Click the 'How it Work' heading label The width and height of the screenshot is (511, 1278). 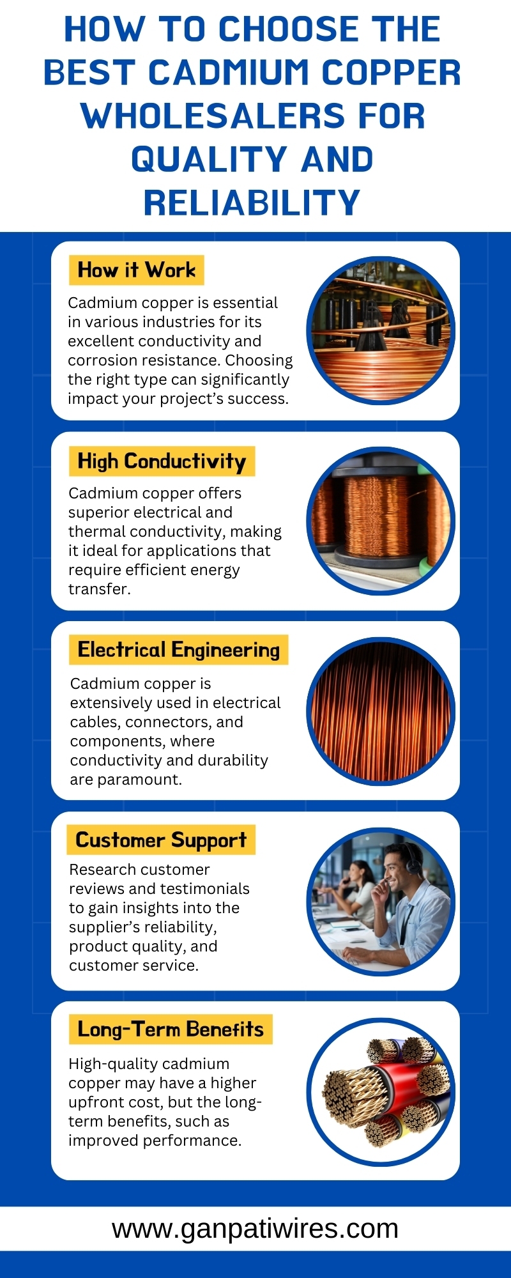(136, 270)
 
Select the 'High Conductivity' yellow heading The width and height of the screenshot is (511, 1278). (162, 461)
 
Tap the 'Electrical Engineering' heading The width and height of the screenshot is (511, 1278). (179, 650)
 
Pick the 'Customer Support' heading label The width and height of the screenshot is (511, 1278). (161, 840)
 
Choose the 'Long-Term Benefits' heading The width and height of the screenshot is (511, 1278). (171, 1029)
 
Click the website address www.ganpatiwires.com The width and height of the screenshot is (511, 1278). (256, 1228)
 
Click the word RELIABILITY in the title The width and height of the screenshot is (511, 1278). (252, 203)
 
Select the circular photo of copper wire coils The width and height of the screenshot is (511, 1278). (381, 330)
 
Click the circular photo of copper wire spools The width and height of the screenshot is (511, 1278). (381, 521)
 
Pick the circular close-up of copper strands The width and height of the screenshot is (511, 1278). (381, 711)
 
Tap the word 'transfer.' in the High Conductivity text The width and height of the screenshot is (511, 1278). (100, 589)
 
